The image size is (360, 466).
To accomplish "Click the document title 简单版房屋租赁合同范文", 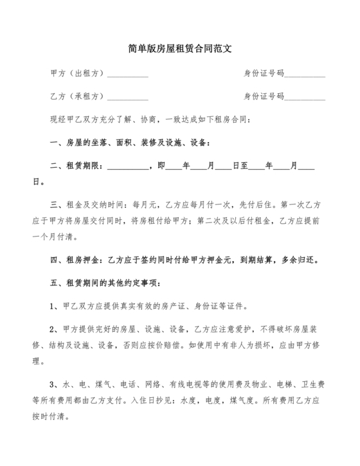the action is pos(179,48).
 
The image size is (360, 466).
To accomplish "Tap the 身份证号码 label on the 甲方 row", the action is pos(264,73).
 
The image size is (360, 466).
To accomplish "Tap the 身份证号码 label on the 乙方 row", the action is pos(264,96).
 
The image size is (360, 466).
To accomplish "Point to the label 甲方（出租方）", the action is pos(76,73).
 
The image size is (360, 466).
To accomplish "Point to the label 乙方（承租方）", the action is pos(76,96).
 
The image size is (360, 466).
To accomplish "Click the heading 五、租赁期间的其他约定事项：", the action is pos(99,283).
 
